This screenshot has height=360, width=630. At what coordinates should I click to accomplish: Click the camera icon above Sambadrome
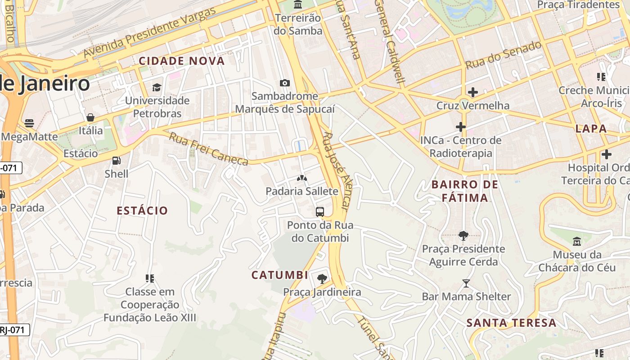(284, 83)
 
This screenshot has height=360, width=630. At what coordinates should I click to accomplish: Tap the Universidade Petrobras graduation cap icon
(157, 87)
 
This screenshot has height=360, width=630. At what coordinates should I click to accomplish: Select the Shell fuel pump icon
(116, 160)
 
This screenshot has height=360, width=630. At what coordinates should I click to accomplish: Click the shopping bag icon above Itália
(90, 117)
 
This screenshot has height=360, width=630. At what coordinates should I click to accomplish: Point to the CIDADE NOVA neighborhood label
(181, 61)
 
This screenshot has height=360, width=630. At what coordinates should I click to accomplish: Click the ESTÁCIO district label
(142, 211)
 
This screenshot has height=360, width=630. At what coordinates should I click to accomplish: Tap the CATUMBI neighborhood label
(279, 275)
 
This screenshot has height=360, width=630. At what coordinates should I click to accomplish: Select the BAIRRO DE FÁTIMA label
(465, 191)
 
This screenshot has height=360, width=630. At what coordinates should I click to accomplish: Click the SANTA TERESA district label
(511, 323)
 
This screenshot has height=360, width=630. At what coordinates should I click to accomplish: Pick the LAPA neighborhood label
(591, 129)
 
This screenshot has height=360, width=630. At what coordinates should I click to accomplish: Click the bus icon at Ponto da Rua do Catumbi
(320, 211)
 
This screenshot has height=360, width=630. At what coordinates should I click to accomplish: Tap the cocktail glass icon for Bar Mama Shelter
(466, 283)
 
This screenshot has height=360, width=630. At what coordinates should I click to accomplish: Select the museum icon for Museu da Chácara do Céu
(577, 241)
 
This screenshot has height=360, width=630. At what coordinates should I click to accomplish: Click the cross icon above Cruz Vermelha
(472, 93)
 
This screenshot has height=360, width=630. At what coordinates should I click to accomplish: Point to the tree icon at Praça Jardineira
(322, 279)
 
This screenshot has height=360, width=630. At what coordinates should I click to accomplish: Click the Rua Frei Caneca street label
(208, 148)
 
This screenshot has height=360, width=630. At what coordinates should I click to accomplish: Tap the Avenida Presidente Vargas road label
(149, 33)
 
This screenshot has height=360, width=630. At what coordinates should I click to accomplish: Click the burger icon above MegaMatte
(29, 123)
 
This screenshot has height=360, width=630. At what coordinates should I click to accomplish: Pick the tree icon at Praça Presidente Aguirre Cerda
(463, 235)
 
